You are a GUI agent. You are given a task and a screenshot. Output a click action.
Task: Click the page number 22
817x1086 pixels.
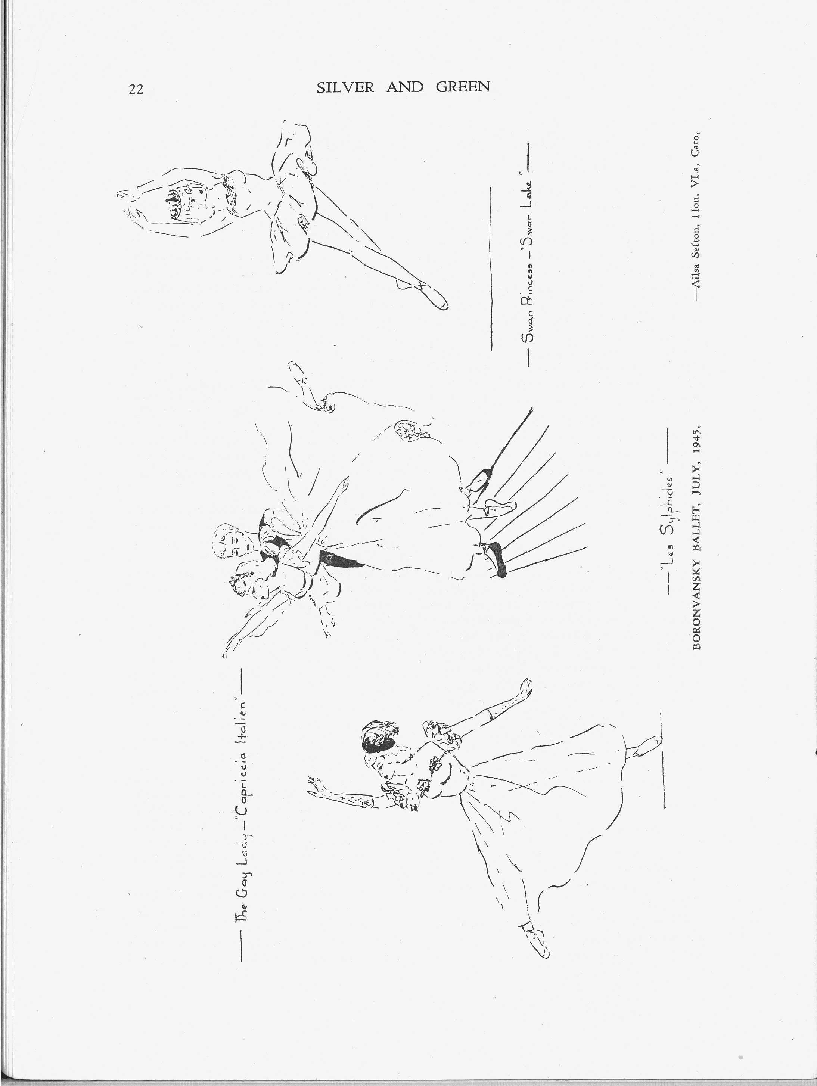[136, 89]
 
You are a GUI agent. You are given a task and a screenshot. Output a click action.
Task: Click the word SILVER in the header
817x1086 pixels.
[345, 87]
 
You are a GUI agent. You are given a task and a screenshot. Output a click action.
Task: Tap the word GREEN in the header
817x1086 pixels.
[463, 87]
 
